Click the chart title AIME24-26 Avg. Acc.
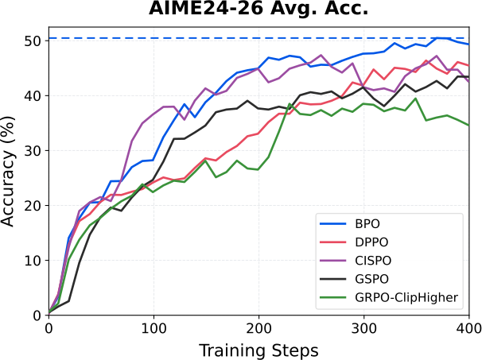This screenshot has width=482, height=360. pyautogui.click(x=258, y=9)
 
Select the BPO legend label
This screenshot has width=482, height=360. pyautogui.click(x=367, y=223)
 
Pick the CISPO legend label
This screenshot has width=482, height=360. pyautogui.click(x=373, y=261)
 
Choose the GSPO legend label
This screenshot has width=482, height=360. pyautogui.click(x=371, y=279)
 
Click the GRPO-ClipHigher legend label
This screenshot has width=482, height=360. pyautogui.click(x=406, y=297)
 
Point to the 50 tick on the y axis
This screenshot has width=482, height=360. pyautogui.click(x=33, y=41)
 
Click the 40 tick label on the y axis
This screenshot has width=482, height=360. pyautogui.click(x=33, y=96)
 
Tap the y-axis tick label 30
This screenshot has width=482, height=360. pyautogui.click(x=33, y=150)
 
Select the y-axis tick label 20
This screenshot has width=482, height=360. pyautogui.click(x=33, y=206)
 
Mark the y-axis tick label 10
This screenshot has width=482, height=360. pyautogui.click(x=33, y=261)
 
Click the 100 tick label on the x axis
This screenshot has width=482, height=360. pyautogui.click(x=154, y=329)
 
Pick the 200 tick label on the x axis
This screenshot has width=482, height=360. pyautogui.click(x=258, y=329)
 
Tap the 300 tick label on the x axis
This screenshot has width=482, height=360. pyautogui.click(x=364, y=329)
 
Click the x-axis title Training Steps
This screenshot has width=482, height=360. pyautogui.click(x=258, y=350)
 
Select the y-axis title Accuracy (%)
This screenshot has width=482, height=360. pyautogui.click(x=8, y=172)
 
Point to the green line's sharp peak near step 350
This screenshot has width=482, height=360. pyautogui.click(x=416, y=99)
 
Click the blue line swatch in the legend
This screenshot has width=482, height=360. pyautogui.click(x=332, y=224)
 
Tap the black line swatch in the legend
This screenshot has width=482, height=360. pyautogui.click(x=332, y=279)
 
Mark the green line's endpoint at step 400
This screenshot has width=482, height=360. pyautogui.click(x=468, y=126)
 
